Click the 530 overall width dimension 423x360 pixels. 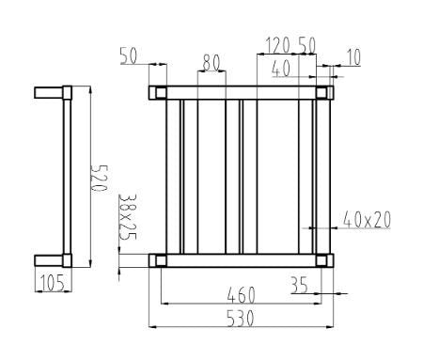(x=242, y=317)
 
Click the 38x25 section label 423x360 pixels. (x=128, y=217)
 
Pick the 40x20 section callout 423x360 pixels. (x=367, y=220)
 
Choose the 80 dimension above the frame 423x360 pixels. (x=211, y=62)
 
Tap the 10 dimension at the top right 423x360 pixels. (x=352, y=57)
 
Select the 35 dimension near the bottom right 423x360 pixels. (x=299, y=282)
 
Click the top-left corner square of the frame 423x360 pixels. (x=159, y=92)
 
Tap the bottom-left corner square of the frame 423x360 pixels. (x=159, y=260)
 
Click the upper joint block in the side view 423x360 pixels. (x=67, y=93)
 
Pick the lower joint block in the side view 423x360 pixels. (x=67, y=260)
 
